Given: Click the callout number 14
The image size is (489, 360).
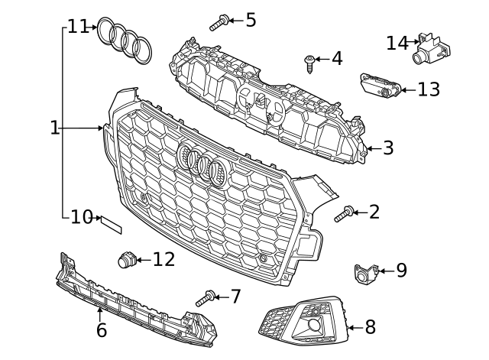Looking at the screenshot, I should (x=397, y=43).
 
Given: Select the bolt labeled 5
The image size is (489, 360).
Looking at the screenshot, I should (x=219, y=22).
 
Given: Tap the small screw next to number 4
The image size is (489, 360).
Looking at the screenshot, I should (x=310, y=62).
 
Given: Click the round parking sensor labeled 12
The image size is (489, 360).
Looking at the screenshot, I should (x=126, y=260).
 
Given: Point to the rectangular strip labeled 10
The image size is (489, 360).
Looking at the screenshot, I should (x=109, y=223).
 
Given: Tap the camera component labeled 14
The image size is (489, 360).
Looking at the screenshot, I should (x=430, y=48).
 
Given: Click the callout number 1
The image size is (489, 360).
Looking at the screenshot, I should (x=54, y=128).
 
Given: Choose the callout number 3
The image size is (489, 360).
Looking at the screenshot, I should (x=388, y=148).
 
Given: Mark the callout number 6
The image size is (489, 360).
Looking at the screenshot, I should (x=101, y=330).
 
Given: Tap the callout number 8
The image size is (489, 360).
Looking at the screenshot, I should (x=370, y=327).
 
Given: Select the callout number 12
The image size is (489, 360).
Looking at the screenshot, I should (x=164, y=260).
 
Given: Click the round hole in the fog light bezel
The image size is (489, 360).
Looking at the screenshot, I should (x=314, y=326).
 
